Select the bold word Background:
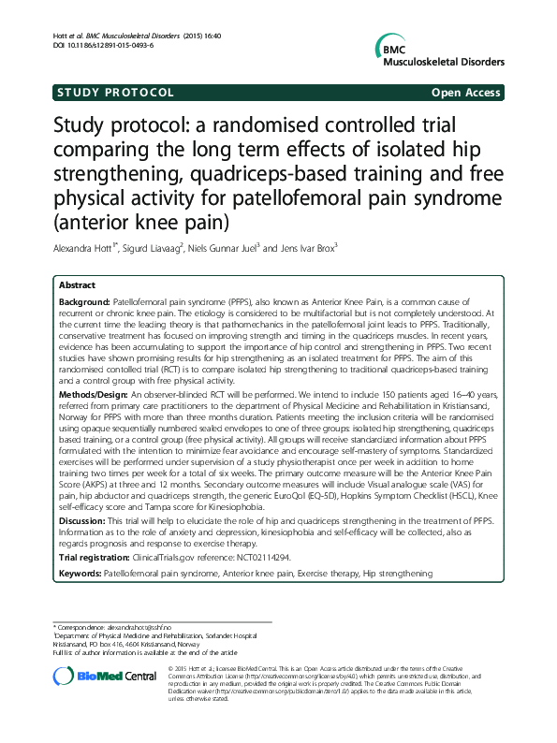pos(84,305)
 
